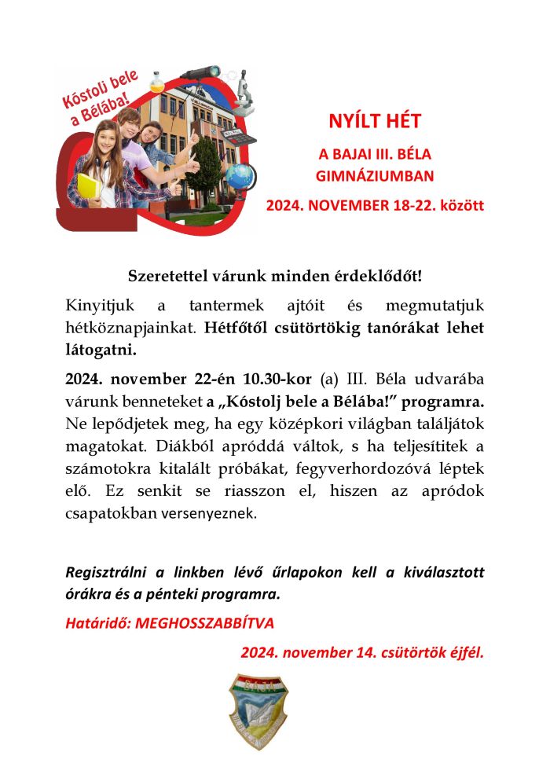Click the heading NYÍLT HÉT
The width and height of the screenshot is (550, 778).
(375, 122)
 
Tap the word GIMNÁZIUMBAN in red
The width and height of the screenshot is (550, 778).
(375, 176)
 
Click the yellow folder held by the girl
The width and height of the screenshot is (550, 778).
(88, 189)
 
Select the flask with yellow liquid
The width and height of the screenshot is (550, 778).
(157, 80)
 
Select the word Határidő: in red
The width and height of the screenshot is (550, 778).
(98, 624)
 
